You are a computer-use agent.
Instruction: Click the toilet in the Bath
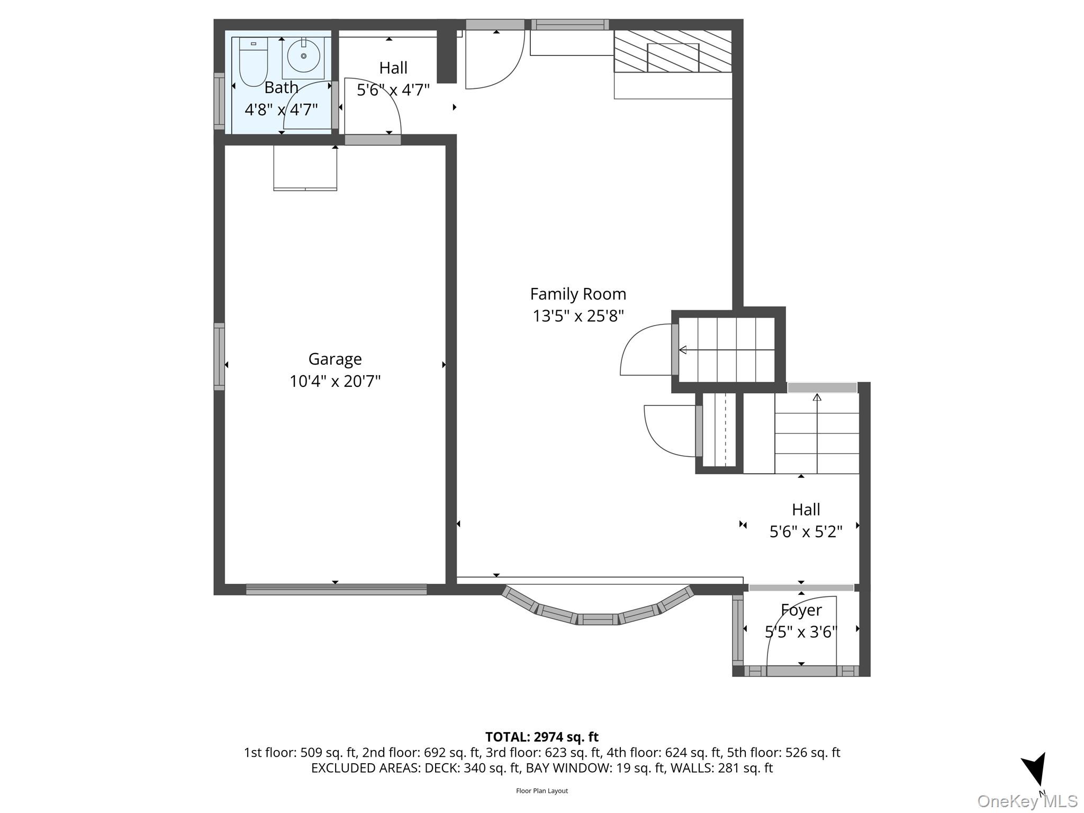click(254, 61)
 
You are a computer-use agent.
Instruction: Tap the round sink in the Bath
click(303, 56)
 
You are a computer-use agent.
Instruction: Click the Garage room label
click(335, 359)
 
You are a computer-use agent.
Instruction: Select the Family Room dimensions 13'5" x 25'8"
click(578, 316)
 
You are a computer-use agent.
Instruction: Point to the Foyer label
click(801, 610)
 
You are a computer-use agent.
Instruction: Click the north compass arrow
click(1035, 770)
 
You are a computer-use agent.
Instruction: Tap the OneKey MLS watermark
click(1027, 801)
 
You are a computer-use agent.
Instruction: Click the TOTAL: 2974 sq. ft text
click(541, 737)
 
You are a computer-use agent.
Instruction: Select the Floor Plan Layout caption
click(541, 791)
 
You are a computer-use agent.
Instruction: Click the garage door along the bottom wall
click(336, 589)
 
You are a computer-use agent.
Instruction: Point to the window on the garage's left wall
click(219, 357)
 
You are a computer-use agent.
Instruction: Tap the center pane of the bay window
click(598, 619)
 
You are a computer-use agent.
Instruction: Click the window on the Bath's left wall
click(219, 101)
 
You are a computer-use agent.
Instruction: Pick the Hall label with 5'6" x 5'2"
click(806, 510)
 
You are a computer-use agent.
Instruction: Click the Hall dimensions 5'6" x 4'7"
click(393, 90)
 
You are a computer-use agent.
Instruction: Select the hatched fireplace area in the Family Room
click(673, 51)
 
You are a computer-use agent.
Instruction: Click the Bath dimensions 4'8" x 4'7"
click(281, 110)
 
